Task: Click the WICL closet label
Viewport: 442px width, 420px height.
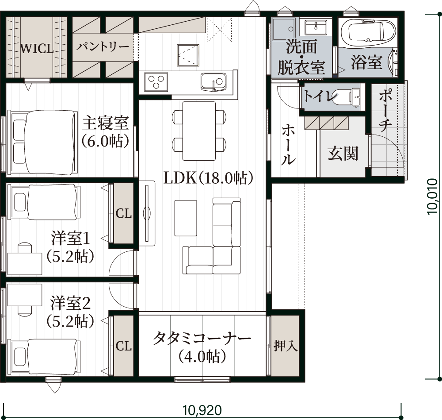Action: [37, 49]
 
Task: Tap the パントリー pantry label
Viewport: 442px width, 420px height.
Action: [103, 46]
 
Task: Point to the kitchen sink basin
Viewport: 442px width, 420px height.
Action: [213, 81]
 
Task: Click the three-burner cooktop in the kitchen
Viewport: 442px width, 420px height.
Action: [156, 82]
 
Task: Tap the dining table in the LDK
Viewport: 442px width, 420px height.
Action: [199, 131]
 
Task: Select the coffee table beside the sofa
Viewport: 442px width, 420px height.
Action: [186, 218]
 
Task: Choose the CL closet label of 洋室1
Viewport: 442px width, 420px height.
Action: [124, 214]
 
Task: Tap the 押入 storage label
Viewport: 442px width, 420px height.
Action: [286, 346]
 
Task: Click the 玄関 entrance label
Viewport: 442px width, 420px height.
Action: [343, 154]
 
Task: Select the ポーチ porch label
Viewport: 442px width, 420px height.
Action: [385, 110]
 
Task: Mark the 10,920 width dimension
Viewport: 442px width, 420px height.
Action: [202, 410]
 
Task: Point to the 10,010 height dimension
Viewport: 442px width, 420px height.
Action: [433, 196]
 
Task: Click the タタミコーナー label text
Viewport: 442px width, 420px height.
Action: [202, 338]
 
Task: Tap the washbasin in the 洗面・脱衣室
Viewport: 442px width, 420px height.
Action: [316, 27]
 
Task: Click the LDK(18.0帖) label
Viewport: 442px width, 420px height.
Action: [208, 178]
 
